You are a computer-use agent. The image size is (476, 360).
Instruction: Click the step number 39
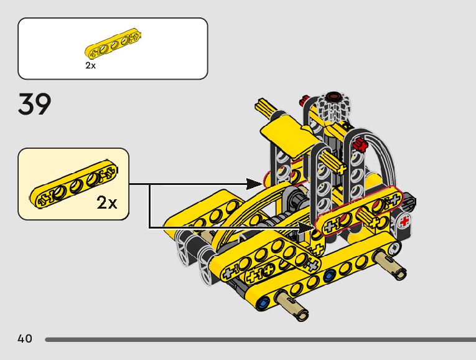pos(34,105)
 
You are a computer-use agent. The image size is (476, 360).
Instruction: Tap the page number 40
pos(25,339)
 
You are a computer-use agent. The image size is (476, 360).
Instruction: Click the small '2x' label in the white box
pos(91,65)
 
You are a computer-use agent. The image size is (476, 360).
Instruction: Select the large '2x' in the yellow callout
pos(107,202)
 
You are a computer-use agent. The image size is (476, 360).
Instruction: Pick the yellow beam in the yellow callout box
pos(73,187)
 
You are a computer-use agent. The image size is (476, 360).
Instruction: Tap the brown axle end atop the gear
pos(334,97)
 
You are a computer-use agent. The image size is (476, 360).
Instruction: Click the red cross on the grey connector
pos(406,221)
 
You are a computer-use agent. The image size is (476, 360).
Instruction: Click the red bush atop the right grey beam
pos(359,147)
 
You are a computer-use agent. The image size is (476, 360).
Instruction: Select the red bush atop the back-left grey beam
pos(304,100)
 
